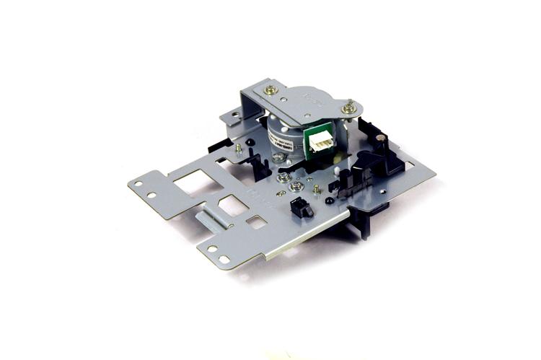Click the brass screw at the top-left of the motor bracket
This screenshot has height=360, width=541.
[270, 90]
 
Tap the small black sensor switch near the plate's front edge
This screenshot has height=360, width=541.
[299, 208]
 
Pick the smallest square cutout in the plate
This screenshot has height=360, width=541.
[256, 222]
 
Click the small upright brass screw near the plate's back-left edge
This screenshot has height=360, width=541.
[239, 149]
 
